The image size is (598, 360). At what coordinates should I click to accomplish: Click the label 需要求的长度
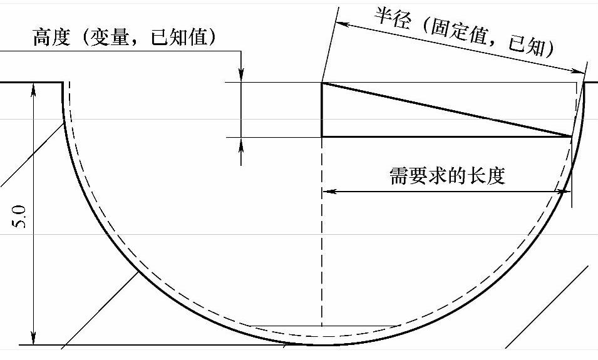coord(447,175)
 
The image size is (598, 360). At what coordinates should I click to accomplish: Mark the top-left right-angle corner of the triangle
coord(322,83)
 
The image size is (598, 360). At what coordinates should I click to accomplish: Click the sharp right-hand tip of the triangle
coord(572,136)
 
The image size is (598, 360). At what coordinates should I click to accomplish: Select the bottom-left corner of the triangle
coord(322,136)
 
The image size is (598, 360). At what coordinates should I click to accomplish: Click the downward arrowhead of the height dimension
coord(242,76)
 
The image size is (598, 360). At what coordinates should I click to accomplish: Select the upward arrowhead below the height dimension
coord(242,143)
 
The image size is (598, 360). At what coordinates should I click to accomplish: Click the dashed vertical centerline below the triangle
coord(322,250)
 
